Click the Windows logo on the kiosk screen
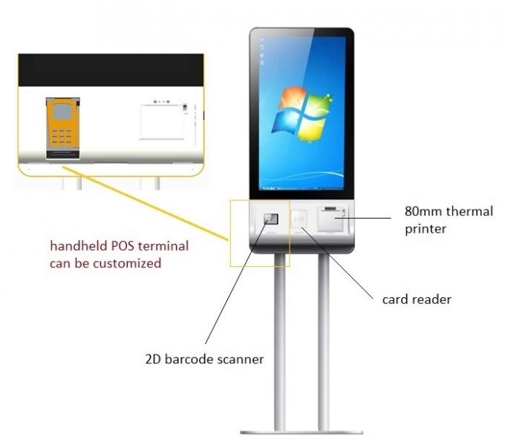coord(302,114)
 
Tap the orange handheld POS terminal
coord(63,128)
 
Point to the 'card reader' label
coord(417,300)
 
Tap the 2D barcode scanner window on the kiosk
coord(271,219)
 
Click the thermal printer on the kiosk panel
coord(332,219)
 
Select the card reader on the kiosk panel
coord(299,219)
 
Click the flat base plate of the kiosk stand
coord(302,433)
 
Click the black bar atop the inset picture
coord(111,70)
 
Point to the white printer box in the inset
coord(162,122)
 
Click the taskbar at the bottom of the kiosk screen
coord(302,188)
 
